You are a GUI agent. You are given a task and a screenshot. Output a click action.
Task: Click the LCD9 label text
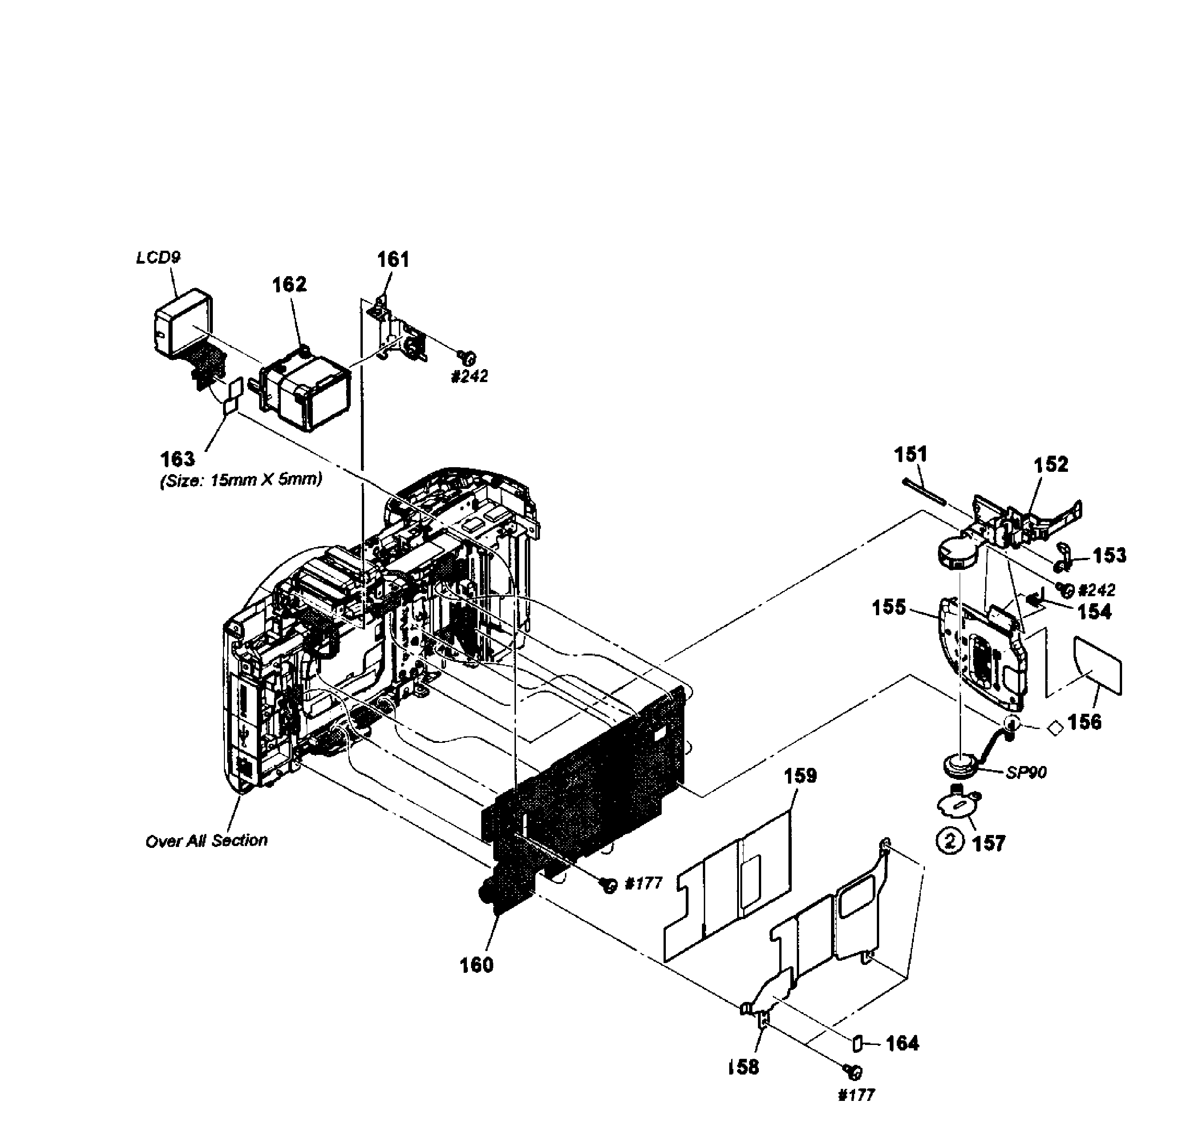pos(158,258)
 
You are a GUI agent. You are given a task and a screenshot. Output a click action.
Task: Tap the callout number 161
pos(393,260)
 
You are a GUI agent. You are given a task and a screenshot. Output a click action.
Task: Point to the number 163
pos(178,459)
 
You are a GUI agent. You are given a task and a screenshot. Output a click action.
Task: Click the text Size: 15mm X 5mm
pos(241,479)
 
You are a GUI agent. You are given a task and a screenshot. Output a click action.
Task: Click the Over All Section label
pos(206,840)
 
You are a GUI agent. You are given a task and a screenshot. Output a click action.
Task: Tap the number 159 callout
pos(800,776)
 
